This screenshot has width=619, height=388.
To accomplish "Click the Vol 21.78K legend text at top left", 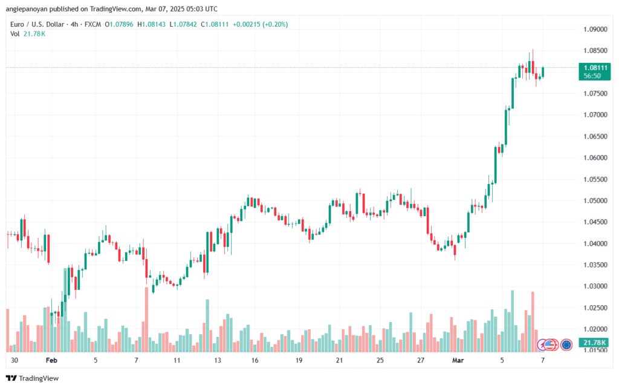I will coord(28,34).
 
